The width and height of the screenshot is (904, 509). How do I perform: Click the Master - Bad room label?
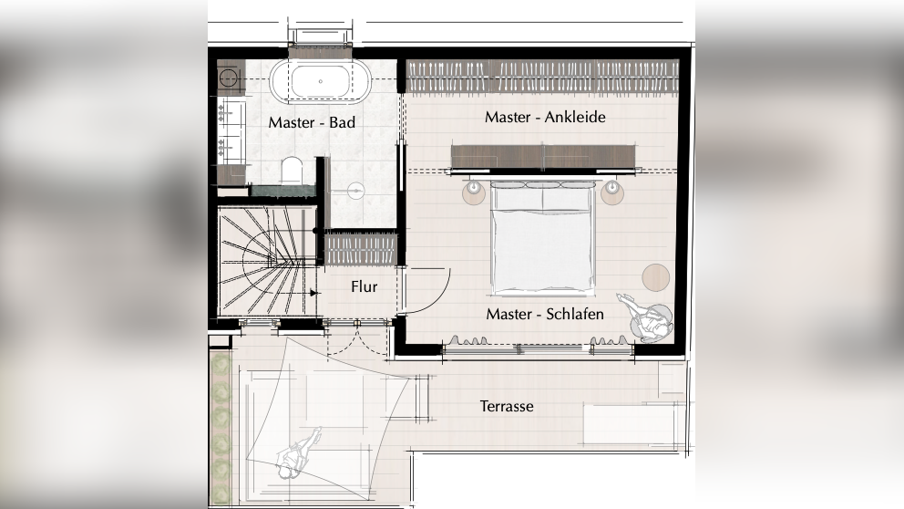(x=312, y=122)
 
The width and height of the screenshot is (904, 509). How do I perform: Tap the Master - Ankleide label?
(x=545, y=117)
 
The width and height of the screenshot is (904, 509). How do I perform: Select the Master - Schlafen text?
(x=545, y=314)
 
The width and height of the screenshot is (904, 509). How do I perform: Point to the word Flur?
(x=364, y=286)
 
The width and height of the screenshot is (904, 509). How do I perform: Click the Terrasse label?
(x=507, y=406)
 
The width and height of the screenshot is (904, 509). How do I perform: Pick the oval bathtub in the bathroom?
(x=321, y=81)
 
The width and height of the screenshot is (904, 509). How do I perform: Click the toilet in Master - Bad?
(x=293, y=171)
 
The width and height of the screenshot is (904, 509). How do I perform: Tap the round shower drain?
(x=356, y=190)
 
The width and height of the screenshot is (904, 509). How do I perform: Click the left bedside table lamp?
(x=474, y=189)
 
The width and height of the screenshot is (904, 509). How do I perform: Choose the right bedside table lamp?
(x=611, y=188)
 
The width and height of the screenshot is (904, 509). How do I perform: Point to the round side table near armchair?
(x=655, y=277)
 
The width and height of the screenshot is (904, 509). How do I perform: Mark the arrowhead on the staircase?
(x=314, y=293)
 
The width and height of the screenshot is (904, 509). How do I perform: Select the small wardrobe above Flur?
(x=361, y=249)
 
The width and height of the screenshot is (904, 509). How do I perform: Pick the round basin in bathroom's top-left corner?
(x=228, y=78)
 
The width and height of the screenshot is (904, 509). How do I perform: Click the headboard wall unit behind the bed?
(x=543, y=157)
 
